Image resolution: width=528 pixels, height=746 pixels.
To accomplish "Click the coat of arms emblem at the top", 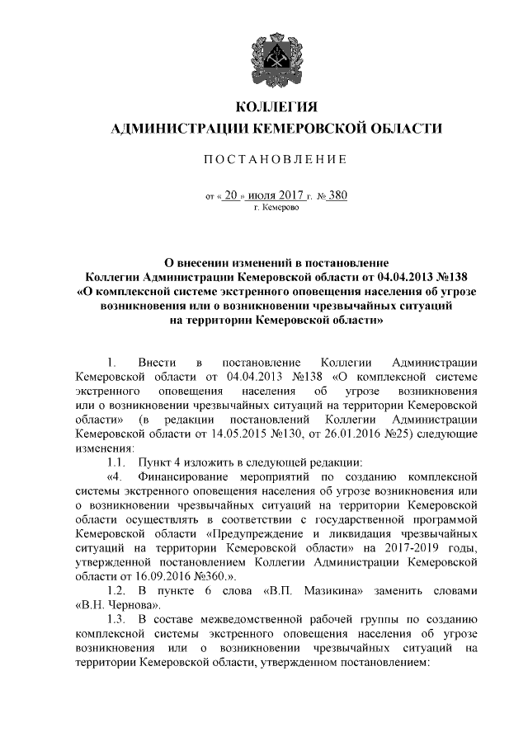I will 276,54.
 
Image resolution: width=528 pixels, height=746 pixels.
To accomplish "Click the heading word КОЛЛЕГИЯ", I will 276,107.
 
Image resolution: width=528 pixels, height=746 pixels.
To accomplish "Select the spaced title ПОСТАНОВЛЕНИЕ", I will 276,159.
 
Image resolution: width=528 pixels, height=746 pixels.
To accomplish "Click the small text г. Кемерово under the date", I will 276,209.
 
